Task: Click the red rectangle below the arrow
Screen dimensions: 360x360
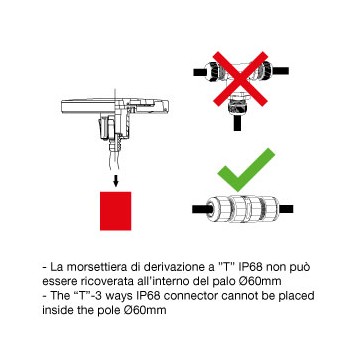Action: point(115,211)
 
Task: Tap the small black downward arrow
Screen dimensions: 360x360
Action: point(116,180)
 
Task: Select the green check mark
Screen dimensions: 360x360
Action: point(246,170)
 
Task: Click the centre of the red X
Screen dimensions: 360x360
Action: point(240,79)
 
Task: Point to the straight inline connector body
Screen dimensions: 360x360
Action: point(242,209)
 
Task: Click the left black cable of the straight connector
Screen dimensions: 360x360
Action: point(199,209)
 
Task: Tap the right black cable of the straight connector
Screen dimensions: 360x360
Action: point(285,209)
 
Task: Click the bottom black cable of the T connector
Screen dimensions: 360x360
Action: point(237,122)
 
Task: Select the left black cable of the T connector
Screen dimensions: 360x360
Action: point(199,71)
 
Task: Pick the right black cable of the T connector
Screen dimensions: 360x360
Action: point(281,71)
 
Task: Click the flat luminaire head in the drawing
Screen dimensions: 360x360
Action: point(115,106)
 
